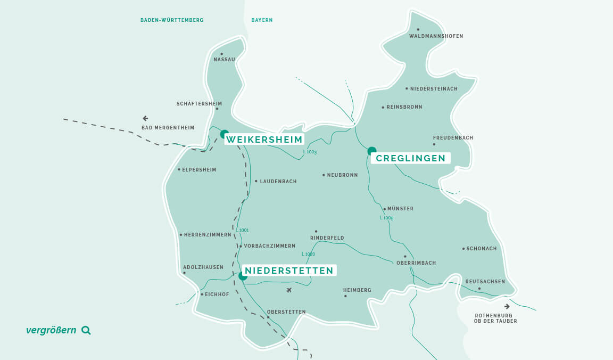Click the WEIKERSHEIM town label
264,140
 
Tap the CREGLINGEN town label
410,158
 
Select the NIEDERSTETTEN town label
289,271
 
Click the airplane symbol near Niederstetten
289,290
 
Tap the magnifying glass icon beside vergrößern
86,330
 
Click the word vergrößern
52,330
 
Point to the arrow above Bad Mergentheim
145,118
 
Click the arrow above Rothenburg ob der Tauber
507,306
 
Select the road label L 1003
310,152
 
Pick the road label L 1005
386,218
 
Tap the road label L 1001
242,230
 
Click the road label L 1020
308,254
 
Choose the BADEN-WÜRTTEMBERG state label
172,20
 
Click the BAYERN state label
262,20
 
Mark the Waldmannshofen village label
436,36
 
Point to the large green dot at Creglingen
371,151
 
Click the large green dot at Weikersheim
225,134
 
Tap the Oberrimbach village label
416,263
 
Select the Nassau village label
224,60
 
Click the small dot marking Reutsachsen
479,289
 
